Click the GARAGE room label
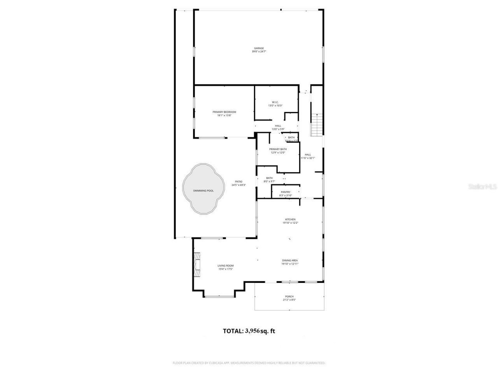click(258, 48)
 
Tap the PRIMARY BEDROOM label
click(224, 112)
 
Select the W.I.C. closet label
click(275, 102)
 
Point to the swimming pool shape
click(204, 188)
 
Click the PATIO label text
click(238, 181)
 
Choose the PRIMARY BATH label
click(278, 149)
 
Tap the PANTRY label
click(286, 192)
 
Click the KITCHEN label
click(290, 220)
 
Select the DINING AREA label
click(290, 260)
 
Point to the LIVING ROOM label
click(225, 266)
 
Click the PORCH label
click(289, 296)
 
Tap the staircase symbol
click(317, 124)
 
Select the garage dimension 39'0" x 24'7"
click(258, 52)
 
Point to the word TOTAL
click(233, 331)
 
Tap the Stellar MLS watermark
click(482, 187)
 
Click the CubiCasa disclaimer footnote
click(249, 363)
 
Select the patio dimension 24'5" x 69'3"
click(238, 185)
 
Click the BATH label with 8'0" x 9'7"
click(269, 178)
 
